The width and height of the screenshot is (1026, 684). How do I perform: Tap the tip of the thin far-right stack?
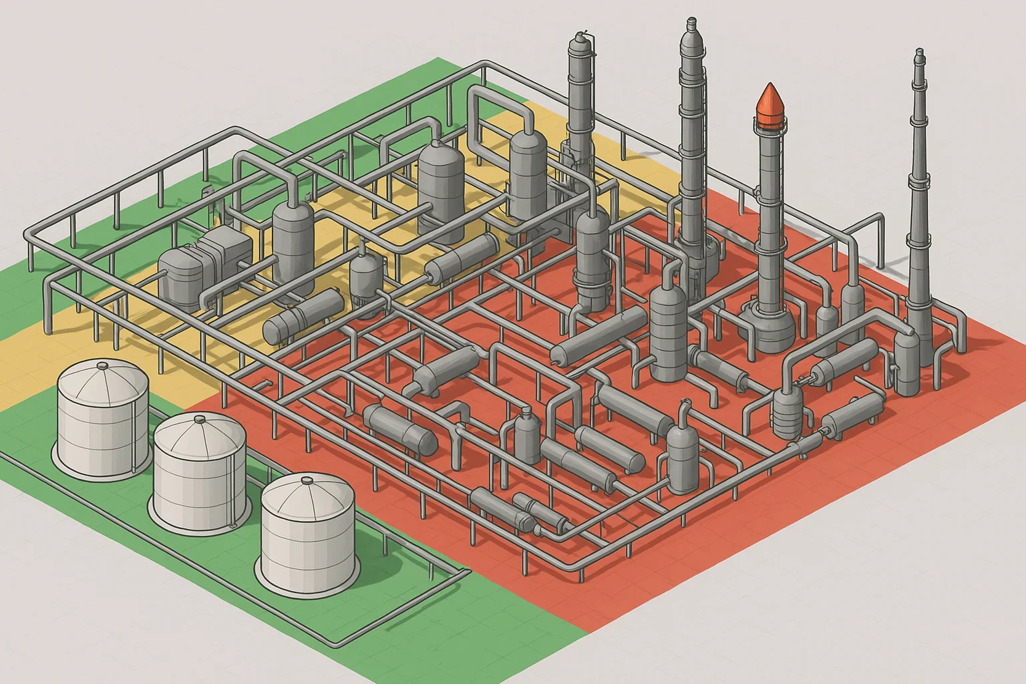pos(920,52)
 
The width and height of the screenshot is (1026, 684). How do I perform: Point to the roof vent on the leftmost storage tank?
pos(102,365)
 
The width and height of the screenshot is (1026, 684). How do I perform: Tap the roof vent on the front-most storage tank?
pos(307,480)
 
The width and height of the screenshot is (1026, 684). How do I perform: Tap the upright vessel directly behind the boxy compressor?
pos(293,244)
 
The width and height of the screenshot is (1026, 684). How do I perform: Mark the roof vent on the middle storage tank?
pos(200,419)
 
